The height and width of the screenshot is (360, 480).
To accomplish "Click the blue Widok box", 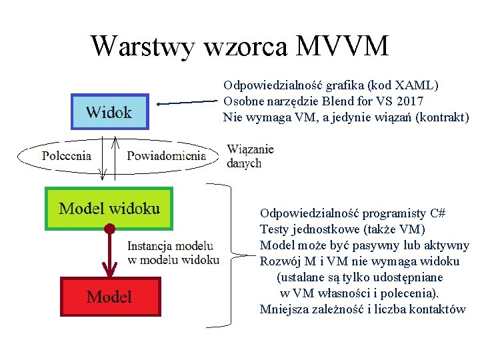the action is (109, 111).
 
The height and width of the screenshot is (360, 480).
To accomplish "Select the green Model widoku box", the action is (109, 209).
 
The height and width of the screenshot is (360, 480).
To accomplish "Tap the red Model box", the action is (110, 297).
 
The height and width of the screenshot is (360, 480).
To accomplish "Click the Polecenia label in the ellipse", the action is (67, 156).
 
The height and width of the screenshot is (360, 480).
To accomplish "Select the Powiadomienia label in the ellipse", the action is (166, 156).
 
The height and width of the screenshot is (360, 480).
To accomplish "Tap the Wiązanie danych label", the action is (249, 156).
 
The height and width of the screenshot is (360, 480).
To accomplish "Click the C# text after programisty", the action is (438, 213).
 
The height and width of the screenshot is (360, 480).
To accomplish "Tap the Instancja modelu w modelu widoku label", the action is (173, 252).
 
